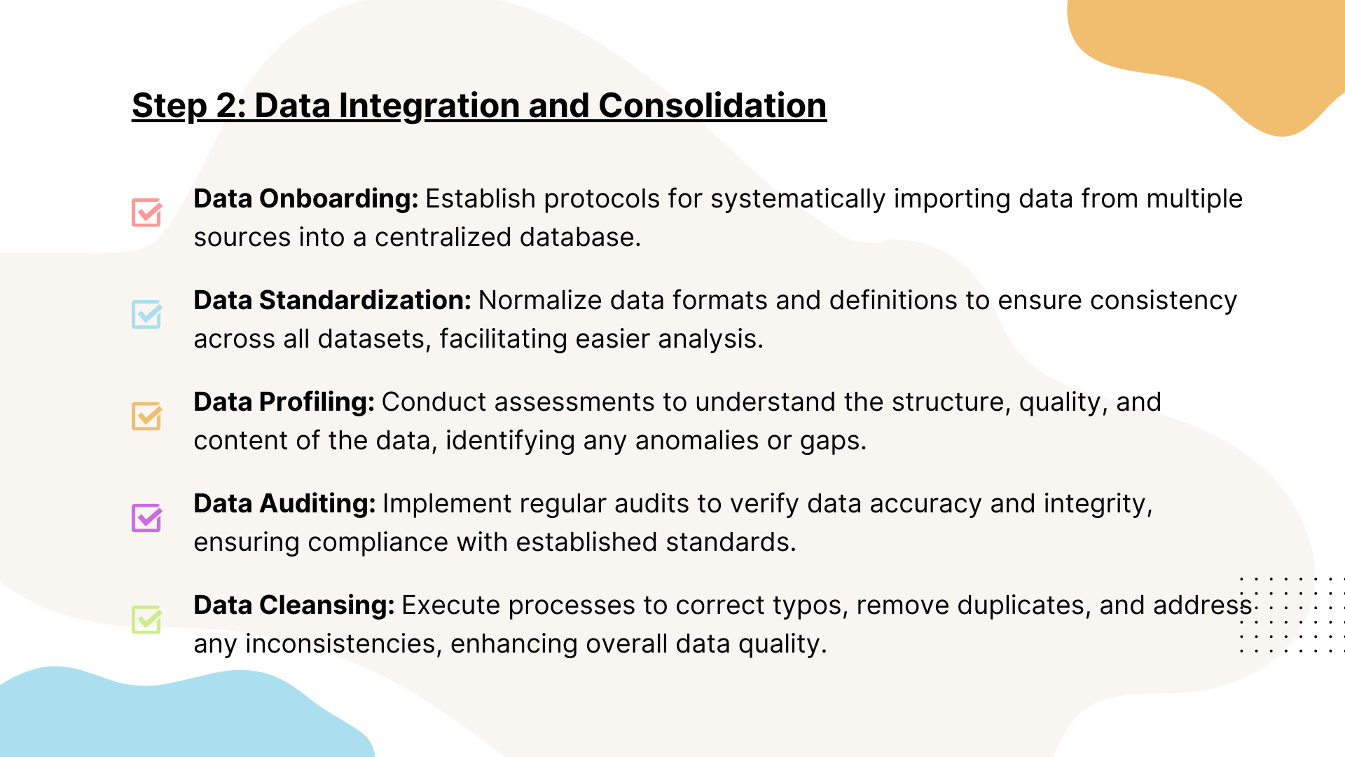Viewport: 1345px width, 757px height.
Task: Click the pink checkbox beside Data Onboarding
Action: pyautogui.click(x=147, y=212)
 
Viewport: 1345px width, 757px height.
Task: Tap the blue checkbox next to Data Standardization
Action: pyautogui.click(x=147, y=314)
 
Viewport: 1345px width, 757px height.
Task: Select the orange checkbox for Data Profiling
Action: pyautogui.click(x=147, y=416)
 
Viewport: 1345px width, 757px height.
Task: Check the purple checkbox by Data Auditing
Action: pyautogui.click(x=147, y=517)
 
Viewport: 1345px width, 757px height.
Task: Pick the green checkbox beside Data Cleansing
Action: pyautogui.click(x=147, y=619)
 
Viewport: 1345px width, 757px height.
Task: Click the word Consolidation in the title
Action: pyautogui.click(x=712, y=106)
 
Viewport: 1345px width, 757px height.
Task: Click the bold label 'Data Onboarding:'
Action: pyautogui.click(x=306, y=199)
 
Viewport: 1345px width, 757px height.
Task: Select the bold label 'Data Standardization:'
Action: pyautogui.click(x=333, y=301)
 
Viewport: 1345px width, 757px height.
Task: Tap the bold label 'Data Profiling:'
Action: pyautogui.click(x=284, y=402)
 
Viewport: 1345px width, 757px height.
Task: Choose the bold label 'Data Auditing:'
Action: pyautogui.click(x=285, y=504)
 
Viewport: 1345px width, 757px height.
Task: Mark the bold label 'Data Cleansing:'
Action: pyautogui.click(x=294, y=606)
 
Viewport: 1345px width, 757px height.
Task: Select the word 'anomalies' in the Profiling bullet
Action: pyautogui.click(x=697, y=441)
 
